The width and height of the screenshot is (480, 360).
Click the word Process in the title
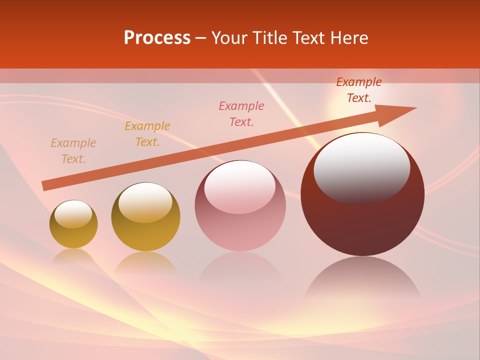tap(157, 38)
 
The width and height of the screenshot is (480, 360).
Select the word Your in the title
tap(230, 38)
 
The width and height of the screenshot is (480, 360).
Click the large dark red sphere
tap(362, 220)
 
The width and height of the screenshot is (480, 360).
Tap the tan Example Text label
tap(73, 151)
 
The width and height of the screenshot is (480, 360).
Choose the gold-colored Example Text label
tap(147, 134)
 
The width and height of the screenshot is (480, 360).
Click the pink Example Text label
tap(241, 113)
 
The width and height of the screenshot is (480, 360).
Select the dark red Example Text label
tap(359, 90)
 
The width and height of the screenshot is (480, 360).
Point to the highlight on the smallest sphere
tap(73, 214)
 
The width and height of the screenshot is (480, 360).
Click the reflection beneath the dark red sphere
tap(362, 280)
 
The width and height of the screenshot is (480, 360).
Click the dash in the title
tap(201, 38)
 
